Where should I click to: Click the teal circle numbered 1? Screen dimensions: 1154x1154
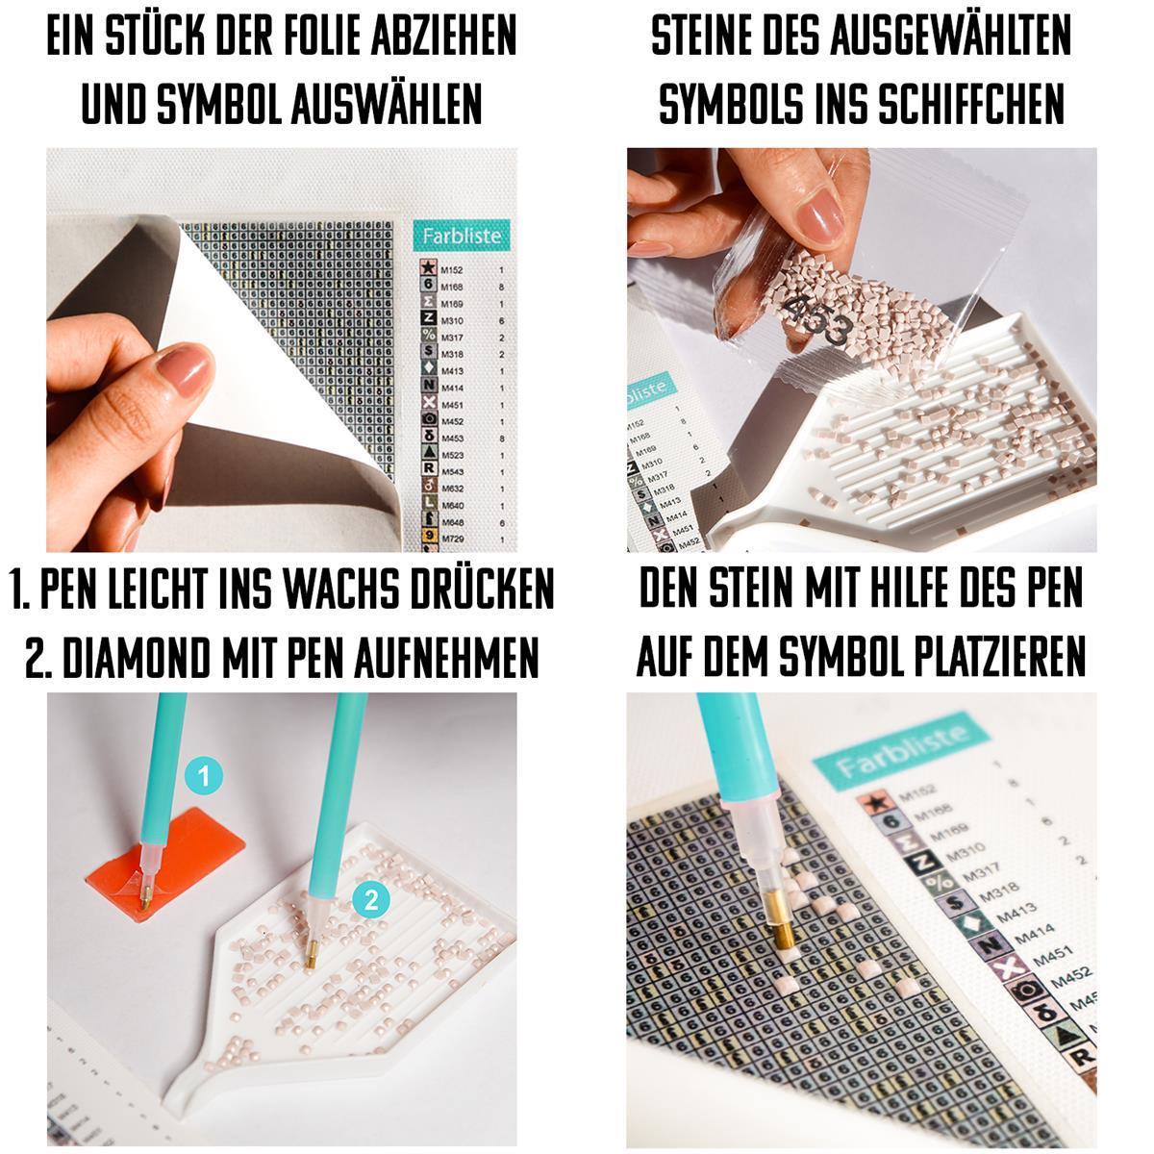pos(204,774)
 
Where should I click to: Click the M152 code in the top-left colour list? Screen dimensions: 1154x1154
pos(452,271)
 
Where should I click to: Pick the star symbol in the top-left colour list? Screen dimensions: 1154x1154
pos(428,270)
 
